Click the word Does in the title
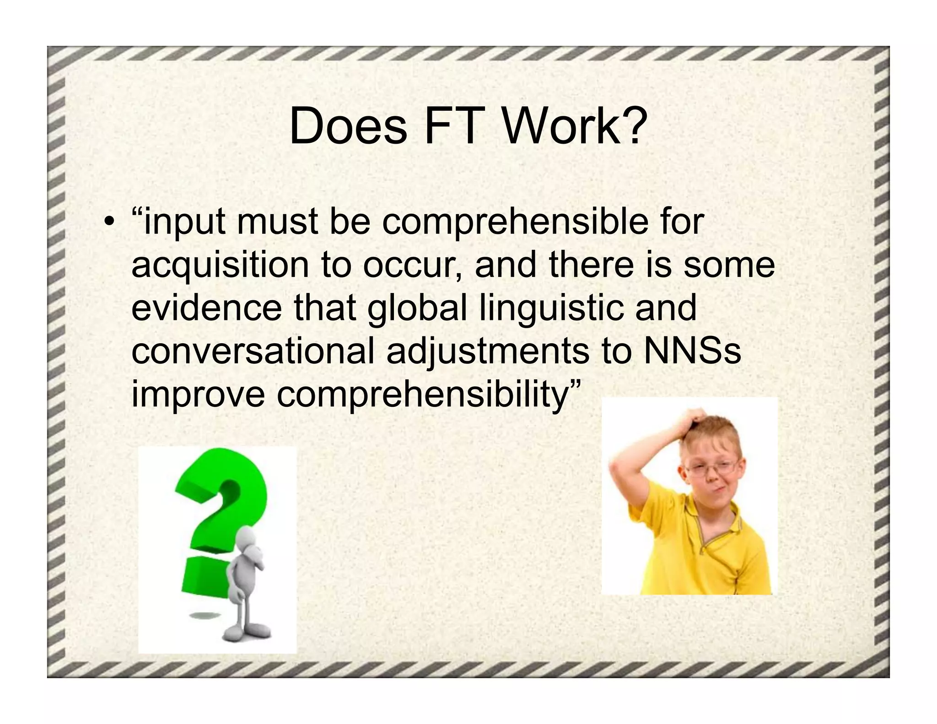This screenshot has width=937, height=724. pyautogui.click(x=348, y=126)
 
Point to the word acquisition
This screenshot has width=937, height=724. pyautogui.click(x=220, y=266)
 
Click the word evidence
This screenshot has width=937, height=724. pyautogui.click(x=206, y=308)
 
